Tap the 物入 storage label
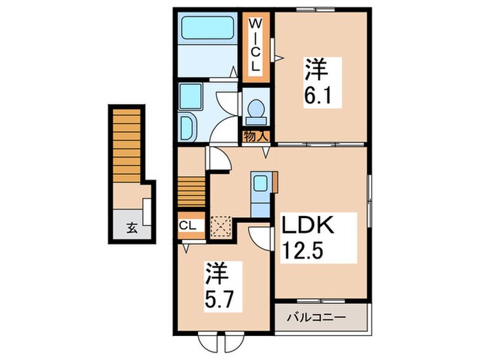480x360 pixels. click(x=256, y=136)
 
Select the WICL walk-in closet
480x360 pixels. click(x=256, y=45)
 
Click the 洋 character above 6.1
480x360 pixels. click(x=314, y=67)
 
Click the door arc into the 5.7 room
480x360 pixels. click(x=260, y=237)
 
